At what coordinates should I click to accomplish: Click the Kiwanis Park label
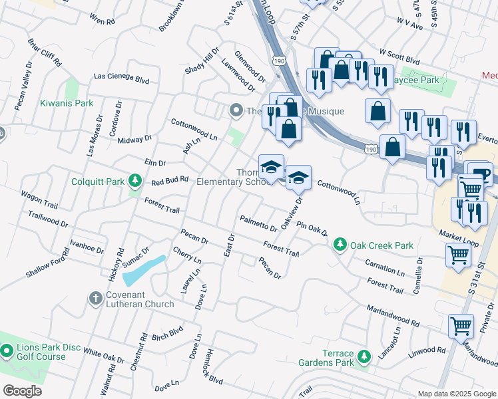click(66, 103)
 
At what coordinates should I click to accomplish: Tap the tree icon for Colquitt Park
click(135, 180)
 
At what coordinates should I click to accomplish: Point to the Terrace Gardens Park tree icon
click(364, 357)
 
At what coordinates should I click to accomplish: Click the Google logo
click(23, 390)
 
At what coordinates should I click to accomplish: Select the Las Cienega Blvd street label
click(121, 78)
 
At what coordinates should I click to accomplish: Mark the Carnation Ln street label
click(385, 268)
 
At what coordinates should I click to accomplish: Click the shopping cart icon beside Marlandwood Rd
click(461, 327)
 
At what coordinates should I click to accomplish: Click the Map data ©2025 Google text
click(457, 394)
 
